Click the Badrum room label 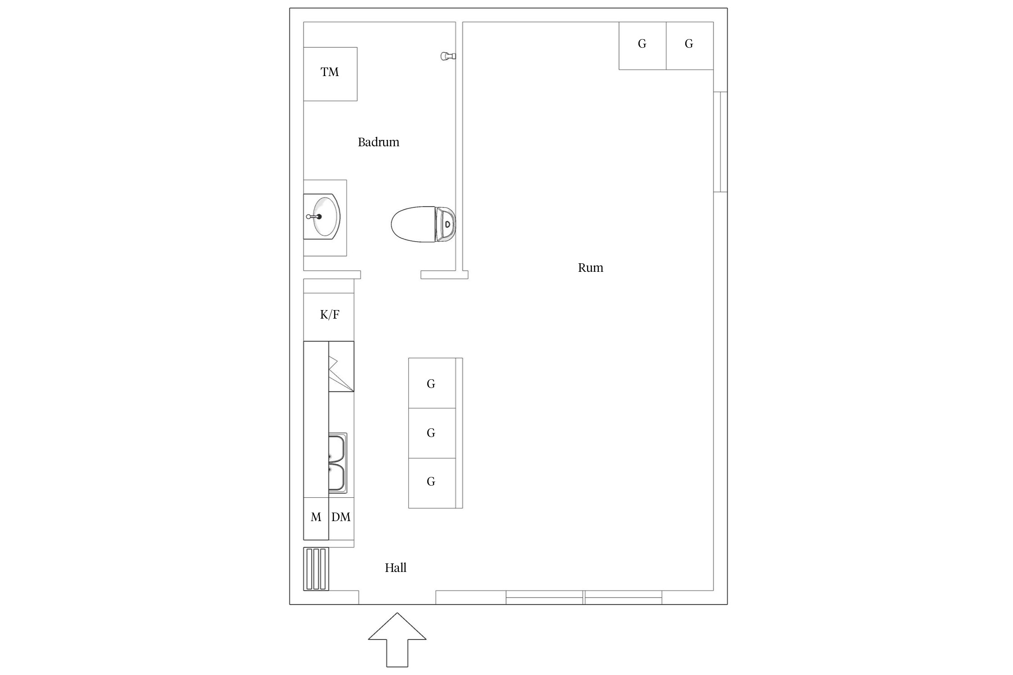(378, 142)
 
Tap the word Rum (590, 268)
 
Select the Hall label (395, 568)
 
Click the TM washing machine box (330, 74)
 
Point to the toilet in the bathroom (423, 224)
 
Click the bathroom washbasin (321, 217)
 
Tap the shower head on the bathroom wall (448, 56)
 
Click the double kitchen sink (338, 463)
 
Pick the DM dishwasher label (341, 517)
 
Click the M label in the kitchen (316, 517)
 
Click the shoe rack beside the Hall (316, 569)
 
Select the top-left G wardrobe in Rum (642, 46)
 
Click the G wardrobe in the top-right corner (690, 46)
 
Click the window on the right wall (720, 142)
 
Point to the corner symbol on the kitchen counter (341, 366)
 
